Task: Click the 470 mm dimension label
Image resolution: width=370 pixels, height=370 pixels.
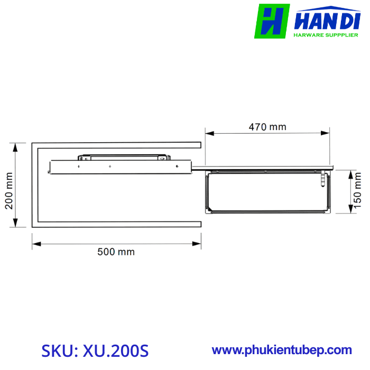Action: (x=267, y=127)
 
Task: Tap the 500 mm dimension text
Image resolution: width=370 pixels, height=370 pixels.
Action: (x=116, y=252)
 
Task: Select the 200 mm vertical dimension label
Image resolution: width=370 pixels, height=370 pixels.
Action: (x=9, y=193)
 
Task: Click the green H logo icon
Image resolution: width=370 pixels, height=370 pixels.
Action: (x=272, y=22)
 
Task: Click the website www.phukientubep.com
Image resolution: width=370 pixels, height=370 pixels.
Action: (x=282, y=350)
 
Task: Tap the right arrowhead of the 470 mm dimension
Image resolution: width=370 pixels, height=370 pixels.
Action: (x=328, y=134)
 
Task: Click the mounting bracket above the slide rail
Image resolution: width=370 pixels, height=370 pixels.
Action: (x=123, y=156)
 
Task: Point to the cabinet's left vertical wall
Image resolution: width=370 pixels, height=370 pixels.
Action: (x=34, y=185)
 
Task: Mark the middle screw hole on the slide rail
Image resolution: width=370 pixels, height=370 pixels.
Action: (x=110, y=167)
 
